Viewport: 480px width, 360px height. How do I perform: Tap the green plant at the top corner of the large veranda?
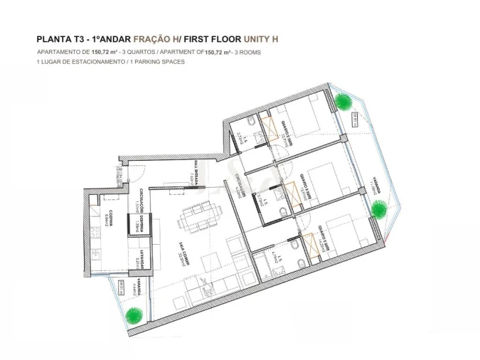[344, 102]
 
